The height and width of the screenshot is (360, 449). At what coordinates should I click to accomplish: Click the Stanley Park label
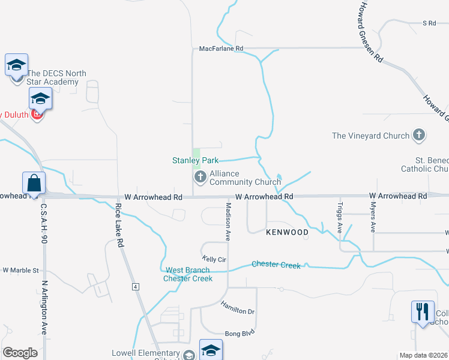(195, 160)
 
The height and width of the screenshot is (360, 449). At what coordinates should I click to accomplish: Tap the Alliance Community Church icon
(200, 177)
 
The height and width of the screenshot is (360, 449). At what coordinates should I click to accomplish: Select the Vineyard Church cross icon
(419, 136)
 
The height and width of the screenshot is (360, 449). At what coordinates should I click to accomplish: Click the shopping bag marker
(34, 183)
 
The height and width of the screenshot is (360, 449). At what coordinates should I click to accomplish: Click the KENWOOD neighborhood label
(287, 232)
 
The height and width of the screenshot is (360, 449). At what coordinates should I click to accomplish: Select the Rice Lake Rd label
(119, 226)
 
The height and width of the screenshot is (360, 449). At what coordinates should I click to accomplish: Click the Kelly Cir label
(213, 259)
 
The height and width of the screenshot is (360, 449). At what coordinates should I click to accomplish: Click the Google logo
(20, 353)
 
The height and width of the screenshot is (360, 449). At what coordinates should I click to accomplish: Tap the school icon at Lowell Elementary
(211, 350)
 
